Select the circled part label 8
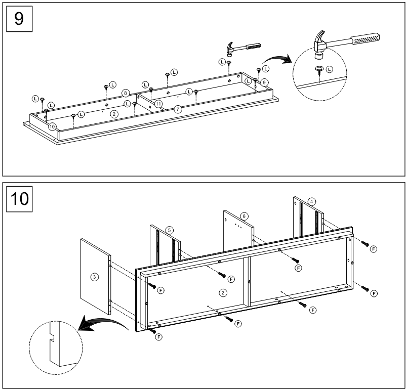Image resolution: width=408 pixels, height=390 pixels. tap(125, 93)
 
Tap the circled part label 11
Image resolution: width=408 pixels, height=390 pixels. tap(158, 103)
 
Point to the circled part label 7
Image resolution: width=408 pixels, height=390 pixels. tap(178, 109)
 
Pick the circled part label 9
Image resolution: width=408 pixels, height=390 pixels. tap(264, 82)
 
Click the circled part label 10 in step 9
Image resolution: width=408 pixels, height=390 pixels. tap(52, 126)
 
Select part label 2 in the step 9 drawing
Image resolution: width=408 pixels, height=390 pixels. tap(114, 114)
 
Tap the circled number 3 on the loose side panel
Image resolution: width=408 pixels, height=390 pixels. tap(94, 277)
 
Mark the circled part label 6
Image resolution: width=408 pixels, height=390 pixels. tap(244, 216)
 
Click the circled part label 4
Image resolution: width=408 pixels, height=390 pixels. tap(312, 201)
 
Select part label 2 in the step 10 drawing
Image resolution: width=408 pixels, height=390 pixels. tap(222, 292)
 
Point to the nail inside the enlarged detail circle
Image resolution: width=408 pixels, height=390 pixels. tap(319, 70)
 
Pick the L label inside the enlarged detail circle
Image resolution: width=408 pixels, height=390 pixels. tap(330, 68)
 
